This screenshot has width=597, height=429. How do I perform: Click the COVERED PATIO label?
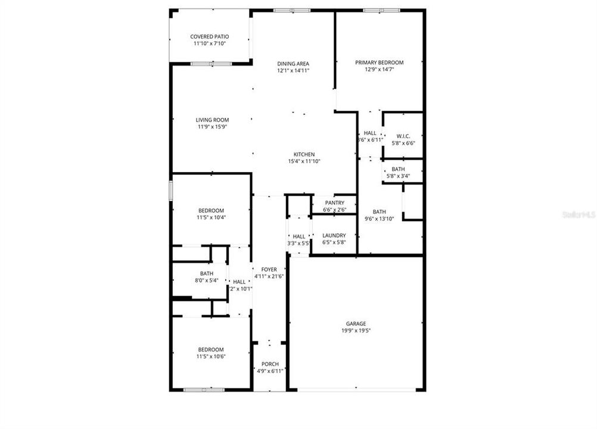tap(210, 36)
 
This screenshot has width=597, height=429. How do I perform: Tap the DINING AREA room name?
tap(293, 63)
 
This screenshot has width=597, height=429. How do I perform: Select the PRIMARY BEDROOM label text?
tap(379, 63)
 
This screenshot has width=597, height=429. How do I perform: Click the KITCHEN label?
tap(304, 154)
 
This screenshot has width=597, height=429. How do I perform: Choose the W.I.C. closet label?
tap(403, 136)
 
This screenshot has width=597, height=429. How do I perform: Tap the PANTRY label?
tap(334, 203)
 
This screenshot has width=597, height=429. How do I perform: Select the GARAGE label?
tap(356, 324)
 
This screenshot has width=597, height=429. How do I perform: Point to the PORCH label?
tap(269, 364)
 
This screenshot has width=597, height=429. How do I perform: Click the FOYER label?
tap(269, 269)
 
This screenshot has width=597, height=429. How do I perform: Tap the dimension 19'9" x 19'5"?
tap(356, 331)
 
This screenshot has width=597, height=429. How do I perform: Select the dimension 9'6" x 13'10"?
tap(379, 219)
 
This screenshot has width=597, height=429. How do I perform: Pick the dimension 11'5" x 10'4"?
tap(211, 217)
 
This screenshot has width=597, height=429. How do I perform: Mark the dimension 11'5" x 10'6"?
tap(211, 356)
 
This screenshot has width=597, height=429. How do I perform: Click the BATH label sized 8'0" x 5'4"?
tap(206, 273)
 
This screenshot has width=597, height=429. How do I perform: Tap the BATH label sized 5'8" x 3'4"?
tap(398, 169)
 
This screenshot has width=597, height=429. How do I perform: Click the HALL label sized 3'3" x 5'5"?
tap(299, 237)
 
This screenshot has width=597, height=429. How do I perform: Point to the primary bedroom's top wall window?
tap(381, 10)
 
